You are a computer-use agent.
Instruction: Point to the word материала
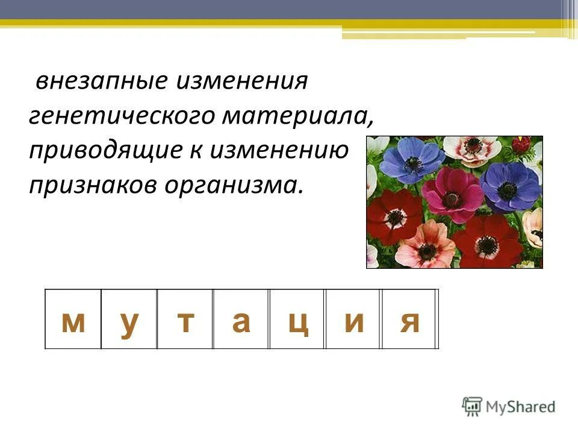(x=297, y=116)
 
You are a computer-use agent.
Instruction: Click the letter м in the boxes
(x=73, y=321)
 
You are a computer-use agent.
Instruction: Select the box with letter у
(x=129, y=321)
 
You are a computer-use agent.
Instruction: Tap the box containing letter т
(x=185, y=321)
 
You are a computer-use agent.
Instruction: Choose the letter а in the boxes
(x=241, y=321)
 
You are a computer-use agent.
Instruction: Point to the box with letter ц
(x=297, y=321)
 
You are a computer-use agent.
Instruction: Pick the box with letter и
(x=353, y=321)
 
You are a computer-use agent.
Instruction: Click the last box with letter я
(x=409, y=321)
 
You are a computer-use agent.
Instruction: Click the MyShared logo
(x=509, y=406)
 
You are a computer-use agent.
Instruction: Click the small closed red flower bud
(x=521, y=145)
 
